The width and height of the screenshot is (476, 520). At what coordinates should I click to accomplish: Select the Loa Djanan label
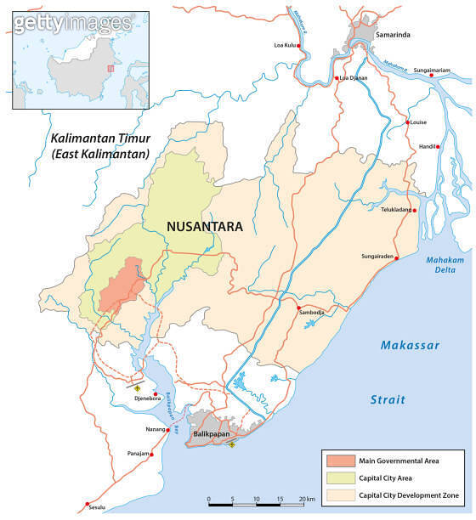354,78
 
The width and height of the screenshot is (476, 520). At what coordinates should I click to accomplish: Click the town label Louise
418,122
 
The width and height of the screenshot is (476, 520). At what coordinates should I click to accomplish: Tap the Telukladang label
395,209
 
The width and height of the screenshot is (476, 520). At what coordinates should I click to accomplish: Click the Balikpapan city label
212,434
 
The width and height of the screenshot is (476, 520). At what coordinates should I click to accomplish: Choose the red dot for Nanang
167,430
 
